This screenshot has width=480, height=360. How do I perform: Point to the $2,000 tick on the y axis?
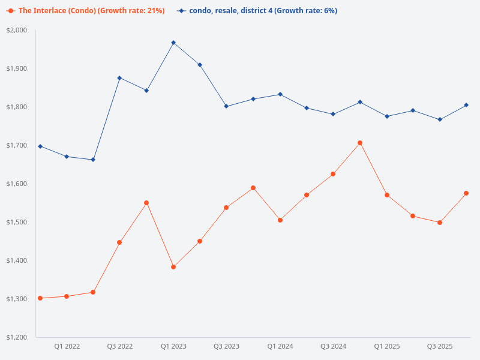pyautogui.click(x=17, y=30)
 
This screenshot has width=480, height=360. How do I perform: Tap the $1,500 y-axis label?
pyautogui.click(x=17, y=222)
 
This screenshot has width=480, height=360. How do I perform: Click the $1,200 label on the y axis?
pyautogui.click(x=17, y=337)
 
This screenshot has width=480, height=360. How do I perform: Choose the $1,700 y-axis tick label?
pyautogui.click(x=17, y=145)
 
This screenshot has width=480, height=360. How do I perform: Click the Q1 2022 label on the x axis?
pyautogui.click(x=67, y=346)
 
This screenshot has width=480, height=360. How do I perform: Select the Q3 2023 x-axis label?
pyautogui.click(x=227, y=346)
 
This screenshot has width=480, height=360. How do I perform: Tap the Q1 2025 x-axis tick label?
pyautogui.click(x=387, y=346)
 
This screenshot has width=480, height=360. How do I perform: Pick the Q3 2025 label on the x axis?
pyautogui.click(x=440, y=346)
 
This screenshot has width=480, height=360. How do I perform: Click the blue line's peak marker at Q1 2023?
pyautogui.click(x=173, y=43)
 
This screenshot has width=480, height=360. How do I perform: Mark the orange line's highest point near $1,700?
pyautogui.click(x=360, y=143)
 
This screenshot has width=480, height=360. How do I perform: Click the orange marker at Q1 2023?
pyautogui.click(x=173, y=267)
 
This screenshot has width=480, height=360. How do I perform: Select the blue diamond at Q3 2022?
pyautogui.click(x=120, y=78)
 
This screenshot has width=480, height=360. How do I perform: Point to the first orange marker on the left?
pyautogui.click(x=40, y=298)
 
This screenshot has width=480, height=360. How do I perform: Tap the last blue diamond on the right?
pyautogui.click(x=466, y=105)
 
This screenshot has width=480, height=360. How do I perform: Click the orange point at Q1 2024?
pyautogui.click(x=280, y=220)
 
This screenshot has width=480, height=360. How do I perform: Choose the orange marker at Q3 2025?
pyautogui.click(x=440, y=223)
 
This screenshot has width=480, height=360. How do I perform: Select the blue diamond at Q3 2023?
pyautogui.click(x=226, y=106)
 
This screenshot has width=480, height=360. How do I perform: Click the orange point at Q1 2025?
pyautogui.click(x=387, y=195)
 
